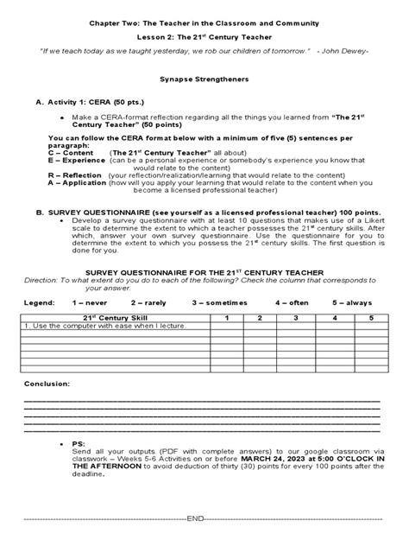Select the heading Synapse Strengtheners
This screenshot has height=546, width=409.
(204, 79)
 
